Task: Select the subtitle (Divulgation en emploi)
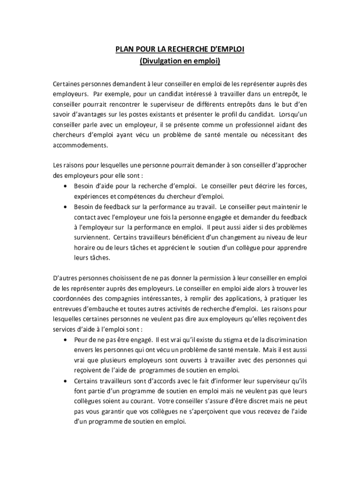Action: point(180,61)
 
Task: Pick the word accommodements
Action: point(80,145)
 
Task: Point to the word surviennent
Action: point(92,237)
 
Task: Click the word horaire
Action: point(85,247)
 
